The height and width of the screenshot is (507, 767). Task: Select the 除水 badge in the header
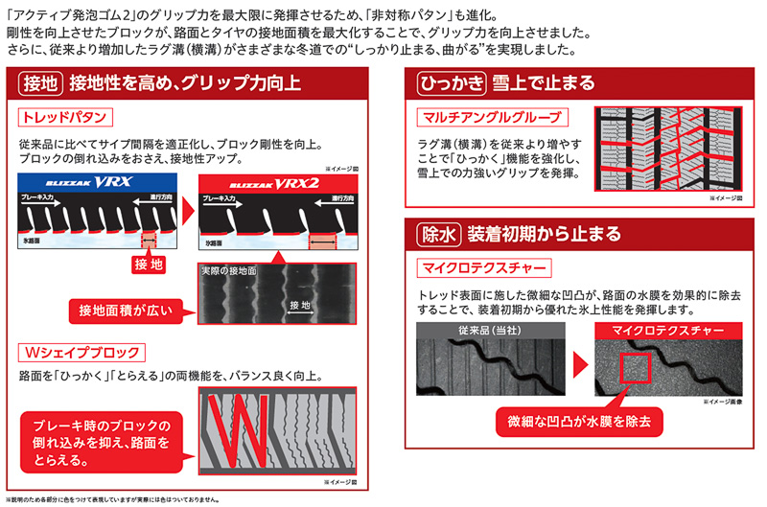pyautogui.click(x=435, y=235)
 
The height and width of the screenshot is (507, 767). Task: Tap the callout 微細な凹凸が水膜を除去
pyautogui.click(x=579, y=421)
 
